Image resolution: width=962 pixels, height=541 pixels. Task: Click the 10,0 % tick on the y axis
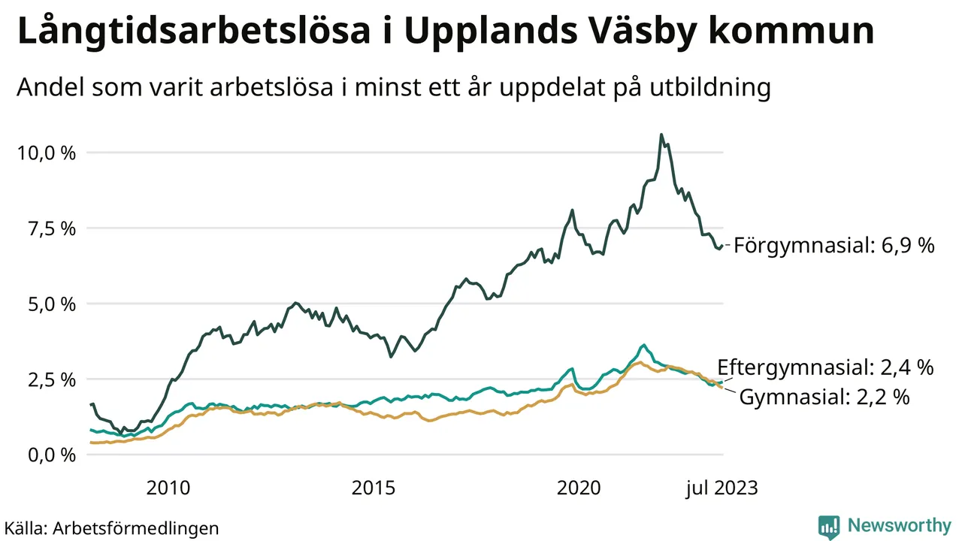[46, 153]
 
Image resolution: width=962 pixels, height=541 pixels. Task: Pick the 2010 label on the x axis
[168, 488]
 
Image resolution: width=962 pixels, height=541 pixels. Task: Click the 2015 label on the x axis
[374, 488]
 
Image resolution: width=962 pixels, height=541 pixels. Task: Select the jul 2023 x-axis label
[722, 488]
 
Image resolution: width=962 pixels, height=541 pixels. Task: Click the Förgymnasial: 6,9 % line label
[834, 245]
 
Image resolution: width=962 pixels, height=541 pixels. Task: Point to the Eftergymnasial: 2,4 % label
[825, 367]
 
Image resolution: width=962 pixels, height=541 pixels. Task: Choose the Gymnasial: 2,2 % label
[824, 397]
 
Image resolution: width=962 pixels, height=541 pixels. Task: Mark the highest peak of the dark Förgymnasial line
[661, 135]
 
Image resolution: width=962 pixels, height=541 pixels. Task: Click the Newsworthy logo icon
[828, 526]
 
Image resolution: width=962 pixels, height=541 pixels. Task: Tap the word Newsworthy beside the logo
[899, 525]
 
